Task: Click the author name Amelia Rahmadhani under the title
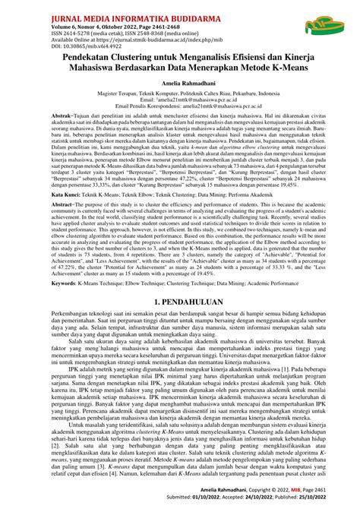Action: pyautogui.click(x=180, y=93)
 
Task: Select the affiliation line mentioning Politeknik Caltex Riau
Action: pyautogui.click(x=180, y=107)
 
